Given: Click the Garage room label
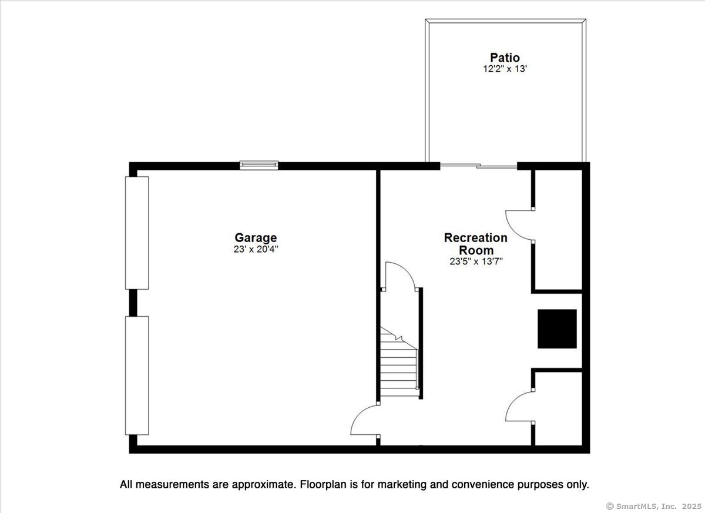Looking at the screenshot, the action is pyautogui.click(x=256, y=238).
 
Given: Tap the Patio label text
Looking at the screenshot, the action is pyautogui.click(x=505, y=58).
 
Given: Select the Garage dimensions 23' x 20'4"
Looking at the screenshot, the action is pyautogui.click(x=256, y=249).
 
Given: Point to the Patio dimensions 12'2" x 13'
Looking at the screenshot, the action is pyautogui.click(x=505, y=69).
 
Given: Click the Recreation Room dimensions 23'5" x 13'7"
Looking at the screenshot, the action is pyautogui.click(x=476, y=261).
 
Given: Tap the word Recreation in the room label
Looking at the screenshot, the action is pyautogui.click(x=475, y=237).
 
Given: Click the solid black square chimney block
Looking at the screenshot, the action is pyautogui.click(x=557, y=329).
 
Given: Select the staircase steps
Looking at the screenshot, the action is pyautogui.click(x=399, y=362).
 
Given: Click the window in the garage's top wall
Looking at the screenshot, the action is pyautogui.click(x=258, y=166).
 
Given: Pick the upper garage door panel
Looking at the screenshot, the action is pyautogui.click(x=137, y=233).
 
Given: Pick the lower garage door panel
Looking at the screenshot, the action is pyautogui.click(x=137, y=375).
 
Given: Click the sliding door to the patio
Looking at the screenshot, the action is pyautogui.click(x=478, y=166).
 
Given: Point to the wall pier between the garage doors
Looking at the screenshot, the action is pyautogui.click(x=133, y=303).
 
